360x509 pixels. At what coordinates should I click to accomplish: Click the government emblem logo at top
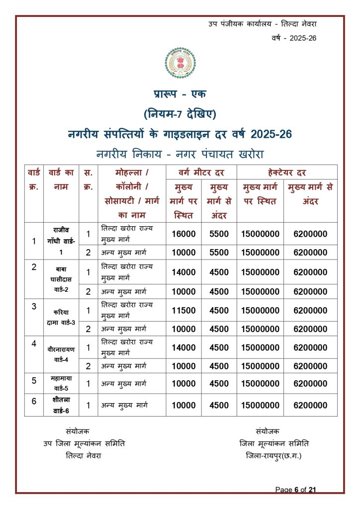pos(180,64)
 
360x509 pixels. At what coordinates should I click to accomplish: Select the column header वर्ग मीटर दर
pos(201,172)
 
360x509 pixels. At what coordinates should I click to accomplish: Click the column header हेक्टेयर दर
pos(287,172)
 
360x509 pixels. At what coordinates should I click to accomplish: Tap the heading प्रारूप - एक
pos(180,94)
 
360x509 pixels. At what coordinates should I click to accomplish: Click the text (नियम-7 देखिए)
pos(180,114)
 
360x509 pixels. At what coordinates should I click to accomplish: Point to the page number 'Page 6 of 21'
pos(296,490)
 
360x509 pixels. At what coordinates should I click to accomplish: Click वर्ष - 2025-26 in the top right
pos(294,38)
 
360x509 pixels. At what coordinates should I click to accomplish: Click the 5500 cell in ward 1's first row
pos(219,234)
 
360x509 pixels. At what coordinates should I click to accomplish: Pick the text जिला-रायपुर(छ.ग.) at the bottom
pos(273,456)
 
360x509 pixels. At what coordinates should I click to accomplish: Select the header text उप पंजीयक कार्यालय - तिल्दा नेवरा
pos(263,24)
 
